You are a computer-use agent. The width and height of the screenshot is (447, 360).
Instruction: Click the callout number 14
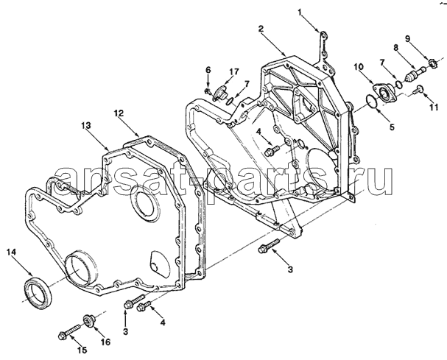13,253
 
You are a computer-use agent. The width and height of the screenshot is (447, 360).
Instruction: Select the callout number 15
82,350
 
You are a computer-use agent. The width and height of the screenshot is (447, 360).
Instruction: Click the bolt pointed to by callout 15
69,331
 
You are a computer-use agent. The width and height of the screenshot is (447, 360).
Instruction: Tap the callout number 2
261,29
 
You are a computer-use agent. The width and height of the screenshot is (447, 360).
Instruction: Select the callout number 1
300,13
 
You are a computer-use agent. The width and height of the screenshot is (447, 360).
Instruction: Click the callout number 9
408,38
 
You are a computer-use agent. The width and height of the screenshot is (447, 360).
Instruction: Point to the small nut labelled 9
432,62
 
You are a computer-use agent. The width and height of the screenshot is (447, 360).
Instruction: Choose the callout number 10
359,67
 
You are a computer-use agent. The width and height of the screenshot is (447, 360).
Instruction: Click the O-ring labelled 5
372,102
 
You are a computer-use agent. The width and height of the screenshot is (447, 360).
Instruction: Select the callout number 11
434,107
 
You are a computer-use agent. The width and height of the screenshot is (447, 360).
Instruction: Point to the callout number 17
233,71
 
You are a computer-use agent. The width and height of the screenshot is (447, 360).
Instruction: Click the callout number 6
208,69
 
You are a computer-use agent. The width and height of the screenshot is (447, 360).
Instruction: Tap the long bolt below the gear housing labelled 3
269,246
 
